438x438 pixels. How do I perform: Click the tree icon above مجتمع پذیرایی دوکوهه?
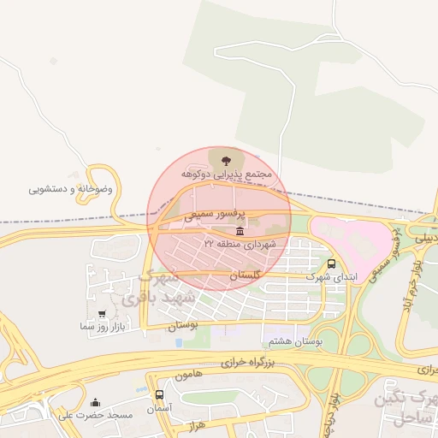click(x=225, y=160)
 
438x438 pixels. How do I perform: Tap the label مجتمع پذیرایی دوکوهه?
click(x=225, y=175)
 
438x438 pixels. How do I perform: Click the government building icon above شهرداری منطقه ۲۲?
click(x=238, y=232)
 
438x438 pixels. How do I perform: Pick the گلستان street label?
click(x=244, y=275)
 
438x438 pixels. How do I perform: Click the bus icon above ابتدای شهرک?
click(x=332, y=263)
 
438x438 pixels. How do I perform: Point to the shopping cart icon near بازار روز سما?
click(x=103, y=314)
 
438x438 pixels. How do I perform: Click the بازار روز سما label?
click(x=102, y=328)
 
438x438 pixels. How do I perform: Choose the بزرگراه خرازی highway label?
click(x=227, y=363)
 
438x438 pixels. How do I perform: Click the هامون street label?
click(x=192, y=376)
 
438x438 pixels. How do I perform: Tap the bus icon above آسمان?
click(x=160, y=394)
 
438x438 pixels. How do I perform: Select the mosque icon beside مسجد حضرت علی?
click(x=95, y=402)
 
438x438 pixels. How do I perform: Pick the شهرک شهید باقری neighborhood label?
click(x=158, y=287)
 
